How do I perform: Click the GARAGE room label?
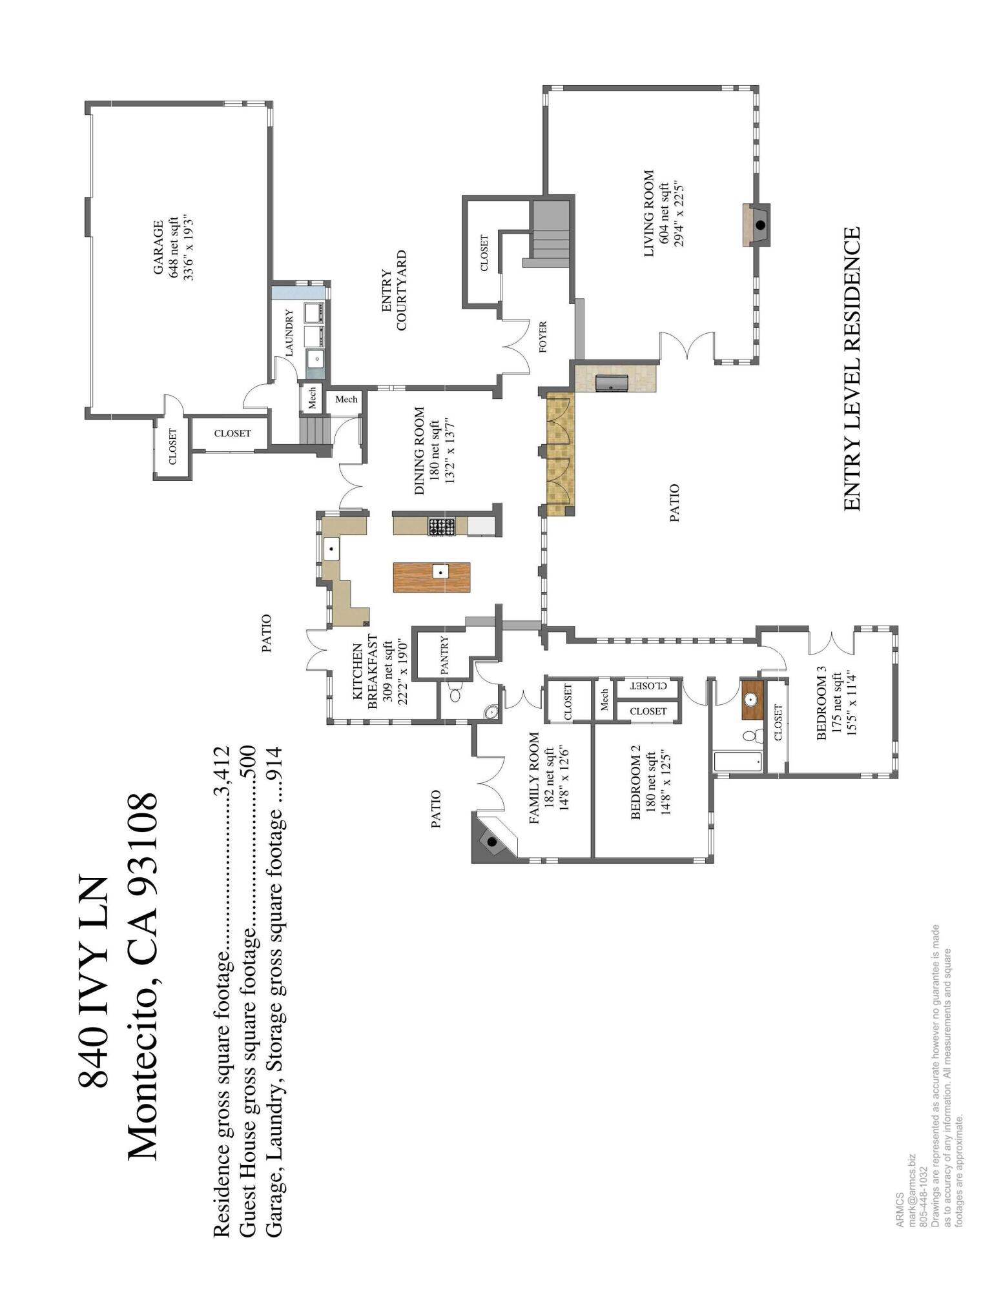point(158,248)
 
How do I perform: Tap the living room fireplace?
point(759,225)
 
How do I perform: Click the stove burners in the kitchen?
point(442,527)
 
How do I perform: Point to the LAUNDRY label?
point(289,332)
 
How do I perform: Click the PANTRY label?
point(444,655)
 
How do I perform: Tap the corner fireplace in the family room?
point(492,842)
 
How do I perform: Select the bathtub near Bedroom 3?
point(738,762)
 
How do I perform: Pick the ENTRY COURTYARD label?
point(394,291)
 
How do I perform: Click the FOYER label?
point(542,336)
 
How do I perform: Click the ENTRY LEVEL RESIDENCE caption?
point(852,369)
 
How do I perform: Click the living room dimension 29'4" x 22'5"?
point(678,214)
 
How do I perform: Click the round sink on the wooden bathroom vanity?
point(751,699)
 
